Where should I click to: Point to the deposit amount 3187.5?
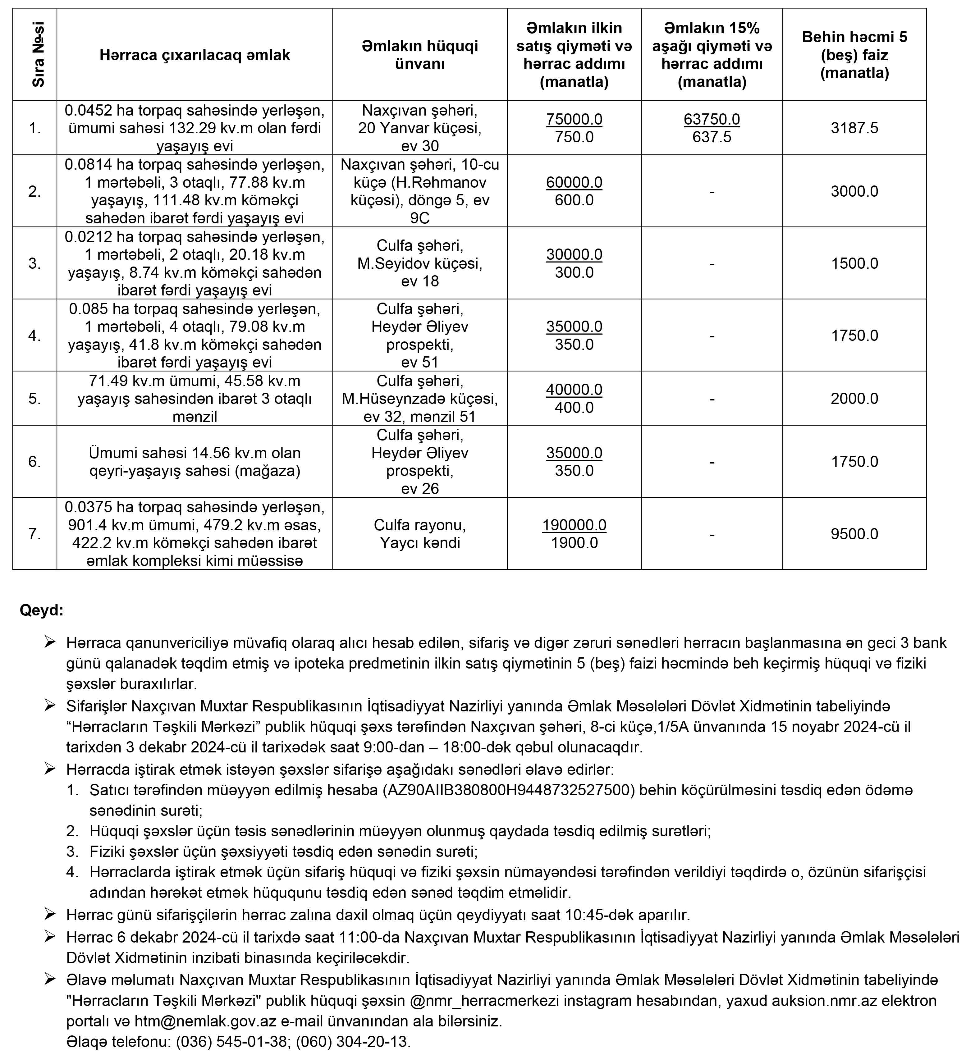coord(854,128)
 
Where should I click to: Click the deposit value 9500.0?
coord(854,534)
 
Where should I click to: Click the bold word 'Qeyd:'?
coord(41,610)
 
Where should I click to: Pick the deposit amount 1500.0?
coord(854,263)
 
